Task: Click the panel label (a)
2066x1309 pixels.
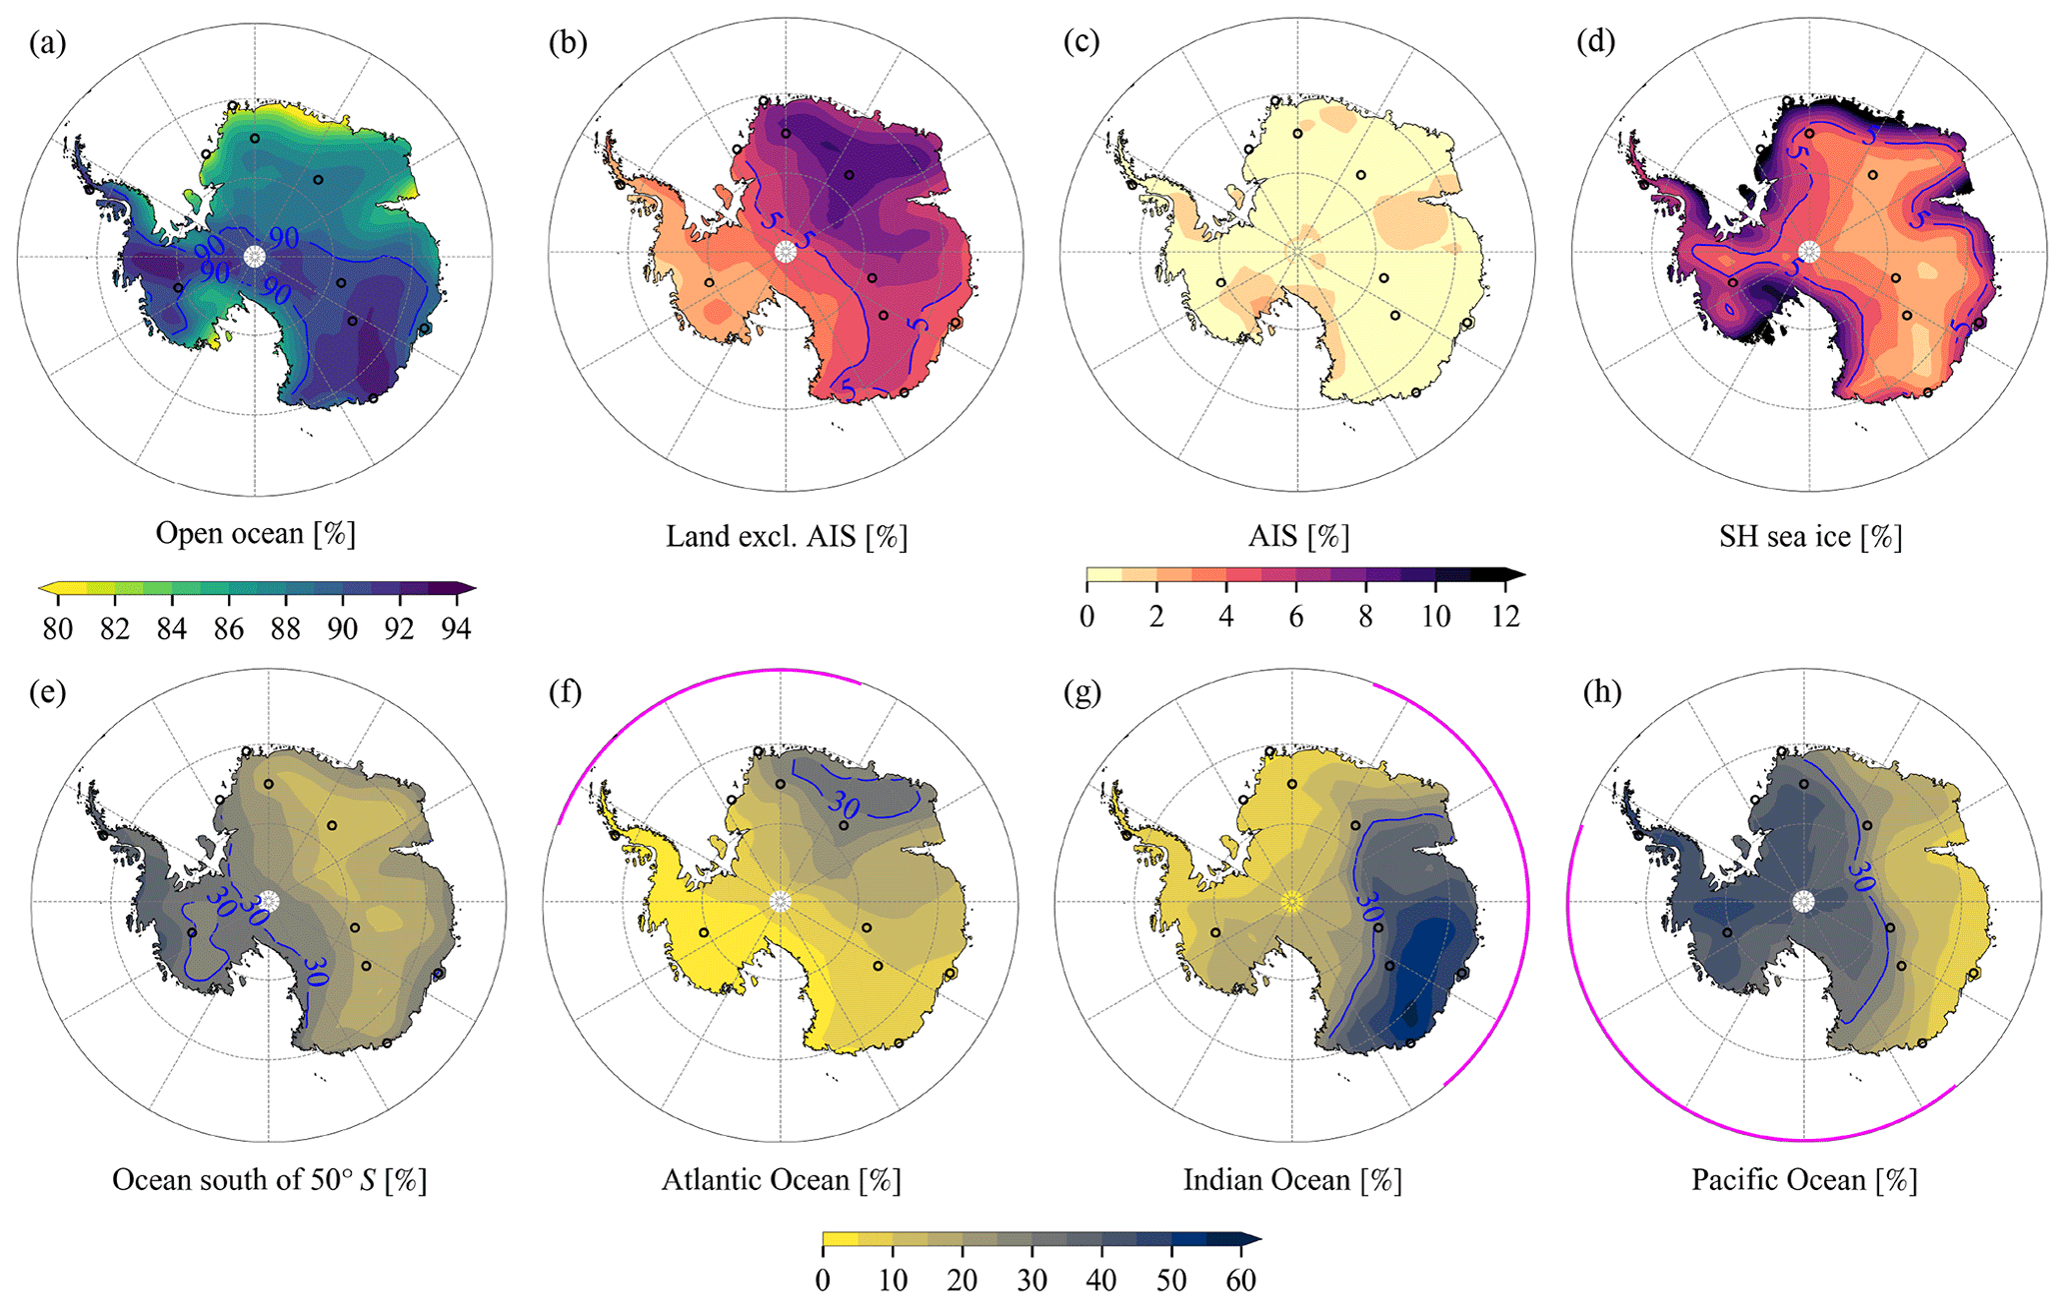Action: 48,43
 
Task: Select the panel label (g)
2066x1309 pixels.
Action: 1082,693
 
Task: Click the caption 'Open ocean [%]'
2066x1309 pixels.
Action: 255,533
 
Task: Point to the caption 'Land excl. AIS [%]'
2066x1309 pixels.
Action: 787,537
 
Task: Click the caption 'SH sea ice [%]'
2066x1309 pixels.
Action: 1810,537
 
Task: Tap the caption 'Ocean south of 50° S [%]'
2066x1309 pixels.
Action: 269,1180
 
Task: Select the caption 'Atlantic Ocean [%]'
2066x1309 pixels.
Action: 781,1180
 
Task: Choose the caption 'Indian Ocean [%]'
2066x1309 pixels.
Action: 1292,1180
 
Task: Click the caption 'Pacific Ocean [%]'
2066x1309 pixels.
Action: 1804,1180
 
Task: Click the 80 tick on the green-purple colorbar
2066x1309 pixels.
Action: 58,628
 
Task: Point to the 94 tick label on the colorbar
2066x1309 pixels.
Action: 457,628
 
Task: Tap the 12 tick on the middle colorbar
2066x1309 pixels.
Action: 1505,616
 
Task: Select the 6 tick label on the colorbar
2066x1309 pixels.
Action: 1295,616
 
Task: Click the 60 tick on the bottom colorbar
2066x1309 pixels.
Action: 1240,1280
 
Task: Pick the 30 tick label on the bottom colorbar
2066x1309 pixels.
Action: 1032,1280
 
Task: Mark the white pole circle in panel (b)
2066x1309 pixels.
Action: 786,252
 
